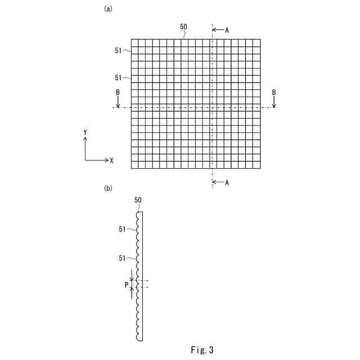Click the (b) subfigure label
click(108, 188)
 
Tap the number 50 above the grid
click(183, 26)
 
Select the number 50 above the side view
click(138, 200)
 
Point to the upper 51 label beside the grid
click(118, 51)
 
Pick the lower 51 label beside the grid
click(118, 78)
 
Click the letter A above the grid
click(227, 30)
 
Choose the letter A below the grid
click(227, 183)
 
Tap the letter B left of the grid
click(118, 92)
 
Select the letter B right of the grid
click(274, 92)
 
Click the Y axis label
click(85, 132)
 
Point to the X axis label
click(112, 161)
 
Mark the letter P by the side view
click(127, 285)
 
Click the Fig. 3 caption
click(202, 350)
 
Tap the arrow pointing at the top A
click(218, 30)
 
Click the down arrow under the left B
click(118, 102)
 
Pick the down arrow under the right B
click(274, 102)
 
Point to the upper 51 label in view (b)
click(122, 229)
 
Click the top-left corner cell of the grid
click(134, 42)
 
